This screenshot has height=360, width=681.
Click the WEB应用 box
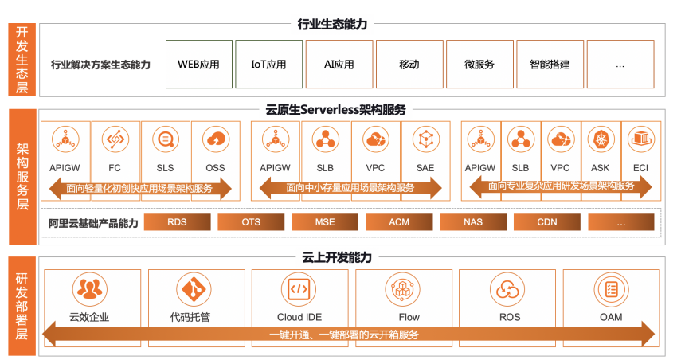pyautogui.click(x=199, y=65)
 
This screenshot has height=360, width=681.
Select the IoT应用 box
pyautogui.click(x=268, y=65)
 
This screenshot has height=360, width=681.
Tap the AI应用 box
pyautogui.click(x=339, y=65)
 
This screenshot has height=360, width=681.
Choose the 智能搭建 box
pyautogui.click(x=550, y=65)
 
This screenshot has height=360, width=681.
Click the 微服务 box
pyautogui.click(x=479, y=65)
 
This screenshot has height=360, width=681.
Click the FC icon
pyautogui.click(x=115, y=139)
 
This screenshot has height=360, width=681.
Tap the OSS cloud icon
pyautogui.click(x=215, y=139)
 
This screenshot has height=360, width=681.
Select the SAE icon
pyautogui.click(x=425, y=139)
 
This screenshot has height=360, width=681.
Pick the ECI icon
pyautogui.click(x=640, y=139)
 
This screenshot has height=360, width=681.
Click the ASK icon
pyautogui.click(x=601, y=139)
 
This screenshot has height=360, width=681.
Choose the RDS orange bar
pyautogui.click(x=177, y=222)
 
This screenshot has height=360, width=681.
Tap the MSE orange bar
pyautogui.click(x=325, y=222)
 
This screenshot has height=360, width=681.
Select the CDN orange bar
pyautogui.click(x=546, y=222)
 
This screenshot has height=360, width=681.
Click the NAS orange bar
pyautogui.click(x=473, y=222)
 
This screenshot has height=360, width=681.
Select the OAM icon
pyautogui.click(x=612, y=288)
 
